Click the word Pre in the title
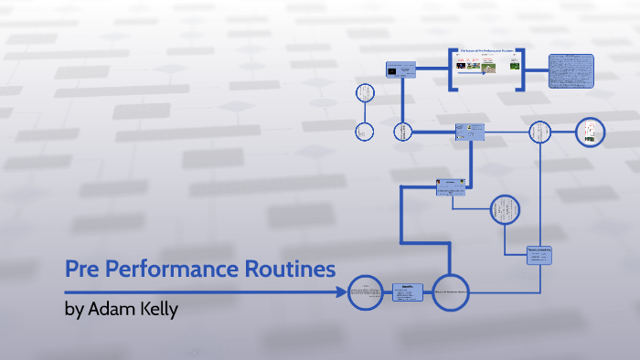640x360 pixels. pos(83,270)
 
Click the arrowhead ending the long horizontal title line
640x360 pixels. pos(345,292)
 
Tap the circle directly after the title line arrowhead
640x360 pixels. pos(366,292)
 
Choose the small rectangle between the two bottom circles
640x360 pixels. pos(408,292)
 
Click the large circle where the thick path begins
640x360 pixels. pos(450,292)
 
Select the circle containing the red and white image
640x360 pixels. pos(591,132)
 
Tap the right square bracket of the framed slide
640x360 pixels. pos(520,69)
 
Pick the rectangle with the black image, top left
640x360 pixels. pos(400,70)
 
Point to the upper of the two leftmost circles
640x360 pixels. pos(365,92)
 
